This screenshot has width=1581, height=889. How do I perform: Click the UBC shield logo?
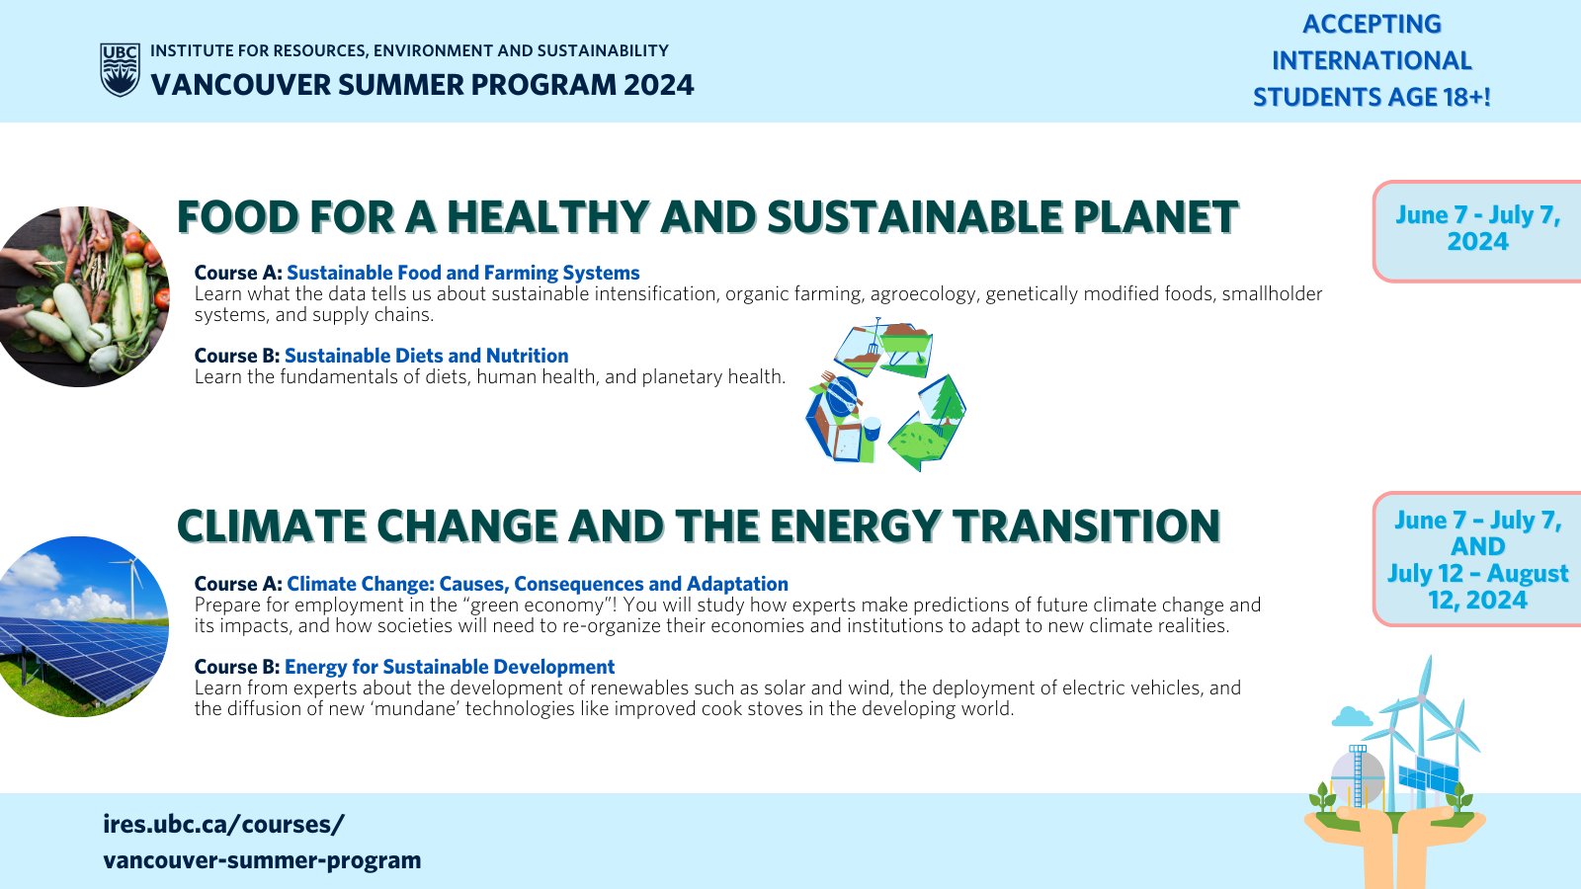[120, 70]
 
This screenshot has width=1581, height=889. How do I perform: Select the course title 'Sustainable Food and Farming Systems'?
[463, 273]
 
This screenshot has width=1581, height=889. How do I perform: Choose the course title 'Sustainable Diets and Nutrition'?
[426, 356]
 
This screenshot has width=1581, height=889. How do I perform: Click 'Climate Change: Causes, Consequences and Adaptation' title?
[538, 584]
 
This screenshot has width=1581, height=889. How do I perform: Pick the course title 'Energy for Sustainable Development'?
[450, 667]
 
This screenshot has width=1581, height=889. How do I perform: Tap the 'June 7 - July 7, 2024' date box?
[1478, 231]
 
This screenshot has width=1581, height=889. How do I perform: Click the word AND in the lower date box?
[1478, 547]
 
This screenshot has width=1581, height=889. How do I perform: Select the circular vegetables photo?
[84, 296]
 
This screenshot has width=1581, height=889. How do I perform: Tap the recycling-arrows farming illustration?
[886, 395]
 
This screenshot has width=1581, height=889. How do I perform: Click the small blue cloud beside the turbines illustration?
[1352, 717]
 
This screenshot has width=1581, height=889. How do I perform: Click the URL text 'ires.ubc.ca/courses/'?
[223, 824]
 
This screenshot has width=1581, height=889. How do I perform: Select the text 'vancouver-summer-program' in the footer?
[262, 860]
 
